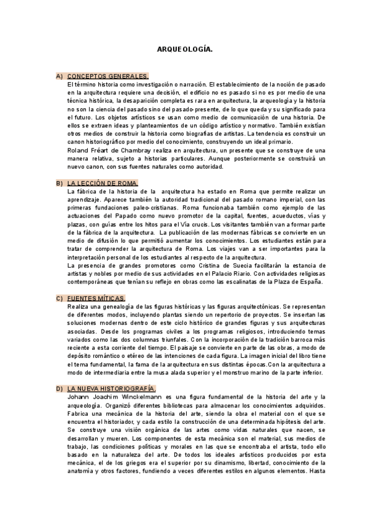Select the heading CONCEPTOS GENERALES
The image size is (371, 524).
(107, 76)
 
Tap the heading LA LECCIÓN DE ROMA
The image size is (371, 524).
(103, 184)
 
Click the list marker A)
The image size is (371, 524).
(59, 76)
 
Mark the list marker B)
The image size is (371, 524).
(59, 184)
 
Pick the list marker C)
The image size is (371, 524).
(59, 298)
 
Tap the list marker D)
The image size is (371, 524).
(59, 388)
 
